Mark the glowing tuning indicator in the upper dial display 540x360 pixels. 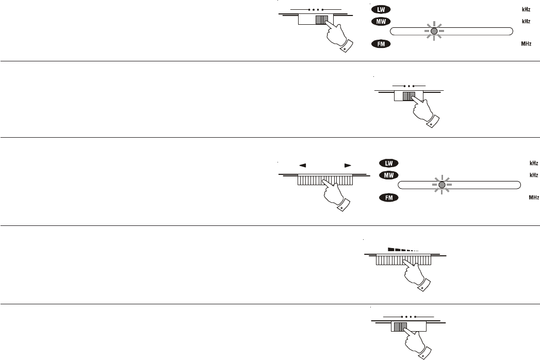click(x=434, y=31)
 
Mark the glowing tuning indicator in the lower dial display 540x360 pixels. click(x=441, y=185)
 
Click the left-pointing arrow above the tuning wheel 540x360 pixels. click(x=303, y=166)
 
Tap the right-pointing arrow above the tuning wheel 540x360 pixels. click(x=348, y=166)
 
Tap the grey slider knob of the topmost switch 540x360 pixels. click(x=321, y=20)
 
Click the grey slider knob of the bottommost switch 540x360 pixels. click(x=400, y=326)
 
